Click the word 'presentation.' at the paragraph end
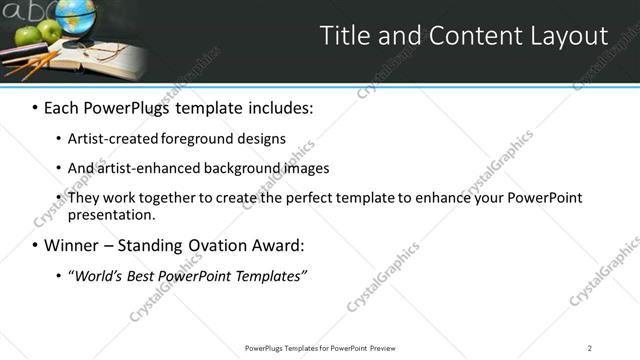coord(112,214)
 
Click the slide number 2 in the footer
coord(589,347)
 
